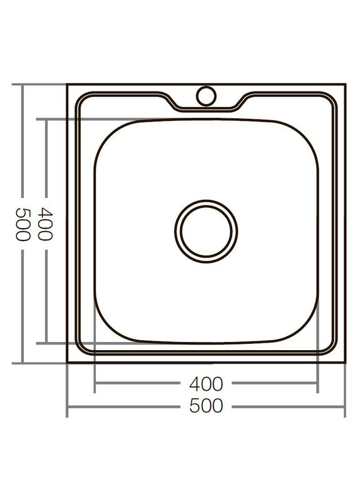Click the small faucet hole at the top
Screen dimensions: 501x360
205,95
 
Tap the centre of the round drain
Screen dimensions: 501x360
205,230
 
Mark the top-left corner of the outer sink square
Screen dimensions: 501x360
68,84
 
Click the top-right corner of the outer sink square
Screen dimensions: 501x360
344,84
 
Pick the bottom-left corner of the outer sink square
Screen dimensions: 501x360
68,363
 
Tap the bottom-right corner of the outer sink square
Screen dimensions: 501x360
344,363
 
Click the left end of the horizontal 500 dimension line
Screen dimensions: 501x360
68,406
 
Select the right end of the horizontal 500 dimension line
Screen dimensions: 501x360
344,406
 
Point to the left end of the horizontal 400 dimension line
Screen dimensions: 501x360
95,383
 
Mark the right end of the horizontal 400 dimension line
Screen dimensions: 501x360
317,383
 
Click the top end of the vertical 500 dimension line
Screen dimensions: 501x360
22,85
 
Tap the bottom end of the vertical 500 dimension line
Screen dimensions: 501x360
22,363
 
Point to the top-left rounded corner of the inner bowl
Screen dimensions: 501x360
106,132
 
